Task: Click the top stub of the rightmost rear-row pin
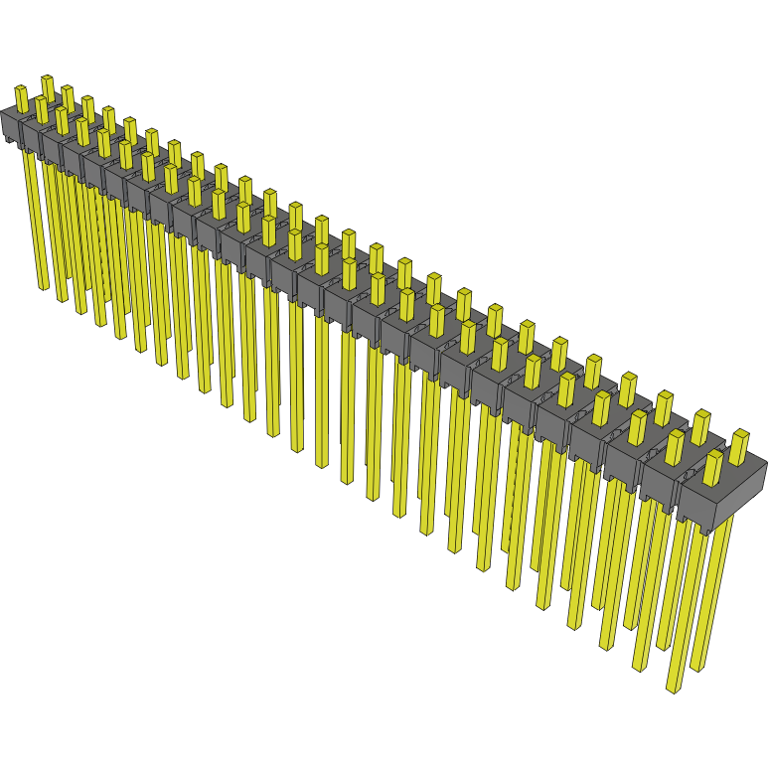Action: coord(738,446)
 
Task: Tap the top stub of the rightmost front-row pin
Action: coord(712,466)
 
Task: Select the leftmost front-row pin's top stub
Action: coord(21,98)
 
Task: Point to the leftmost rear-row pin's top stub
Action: coord(47,86)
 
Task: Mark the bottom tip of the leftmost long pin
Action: coord(43,286)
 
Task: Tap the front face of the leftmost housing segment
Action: coord(10,128)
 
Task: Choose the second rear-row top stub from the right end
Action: coord(700,425)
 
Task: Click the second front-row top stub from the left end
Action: coord(42,109)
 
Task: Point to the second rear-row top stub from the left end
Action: coord(67,97)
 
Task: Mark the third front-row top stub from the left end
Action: coord(62,120)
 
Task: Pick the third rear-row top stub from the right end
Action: coord(664,405)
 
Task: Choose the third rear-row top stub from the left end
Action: coord(87,108)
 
